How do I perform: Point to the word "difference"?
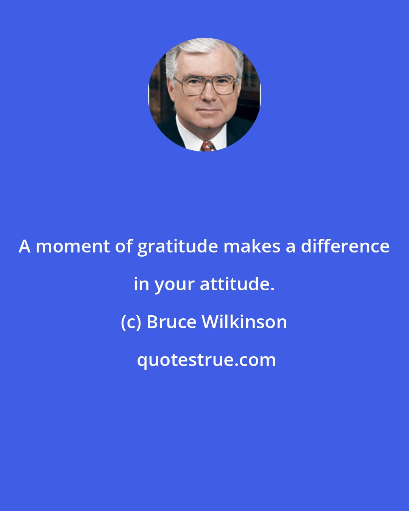click(x=345, y=246)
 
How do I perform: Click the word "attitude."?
click(x=237, y=284)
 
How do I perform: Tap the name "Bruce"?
click(x=171, y=322)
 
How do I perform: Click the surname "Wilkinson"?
click(x=244, y=322)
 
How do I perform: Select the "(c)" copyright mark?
click(x=130, y=322)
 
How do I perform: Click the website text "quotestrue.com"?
click(x=206, y=360)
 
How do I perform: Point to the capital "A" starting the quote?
click(x=25, y=246)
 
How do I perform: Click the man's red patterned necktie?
click(x=207, y=146)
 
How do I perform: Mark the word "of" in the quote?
click(x=122, y=246)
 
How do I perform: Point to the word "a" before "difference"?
click(x=290, y=247)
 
